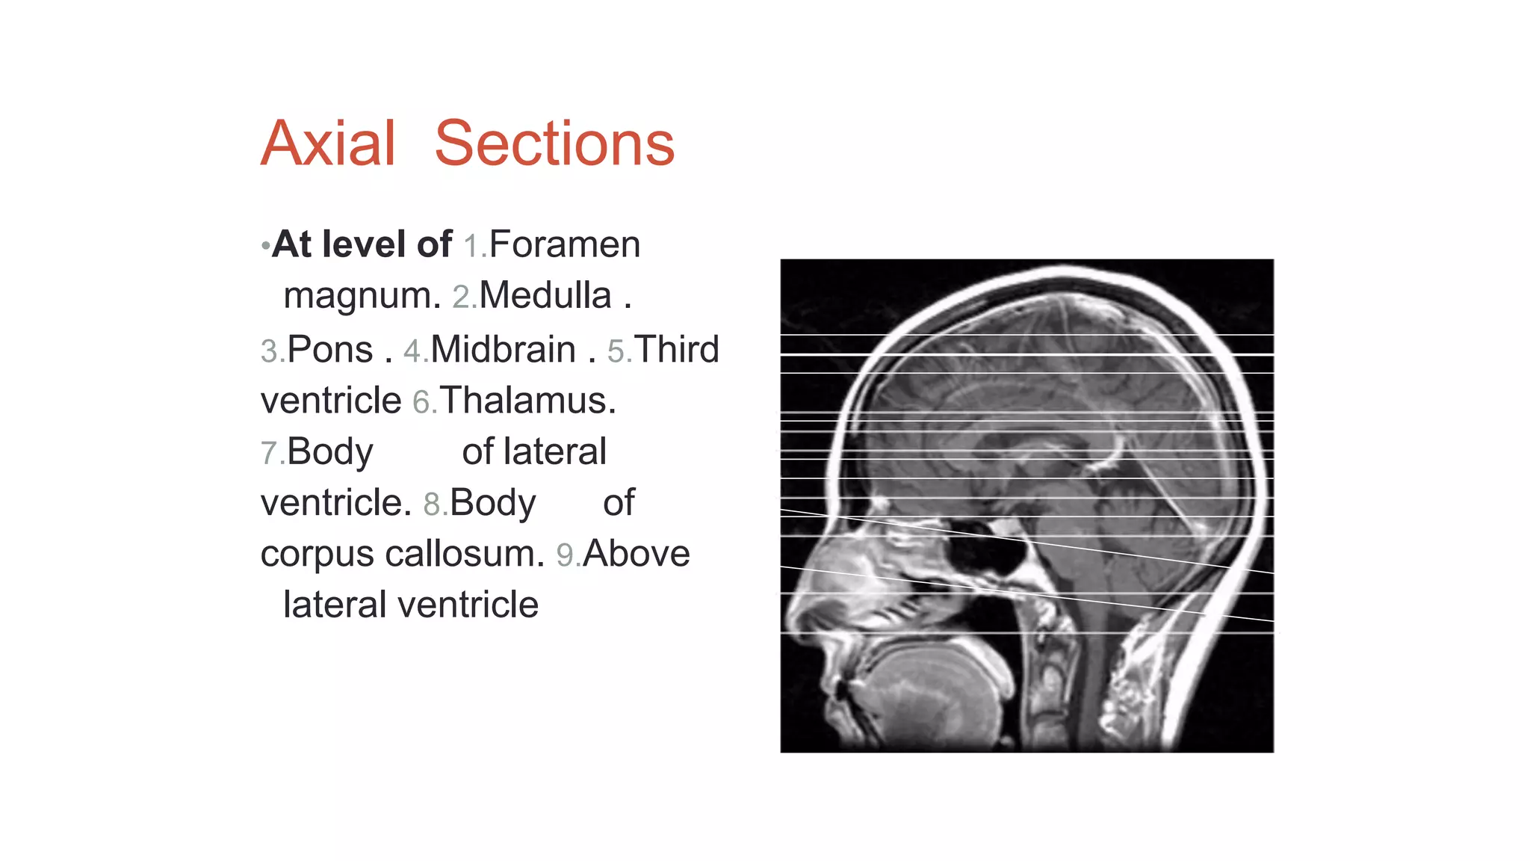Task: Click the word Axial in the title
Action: click(x=328, y=143)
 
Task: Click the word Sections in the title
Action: click(x=554, y=143)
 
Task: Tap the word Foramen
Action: click(x=565, y=244)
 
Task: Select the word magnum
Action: click(x=362, y=296)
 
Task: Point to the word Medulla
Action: click(x=545, y=295)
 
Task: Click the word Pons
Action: click(x=329, y=350)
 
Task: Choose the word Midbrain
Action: click(x=503, y=350)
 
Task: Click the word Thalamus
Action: click(x=527, y=401)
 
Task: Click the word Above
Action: click(x=637, y=554)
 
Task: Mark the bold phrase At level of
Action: click(x=362, y=244)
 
